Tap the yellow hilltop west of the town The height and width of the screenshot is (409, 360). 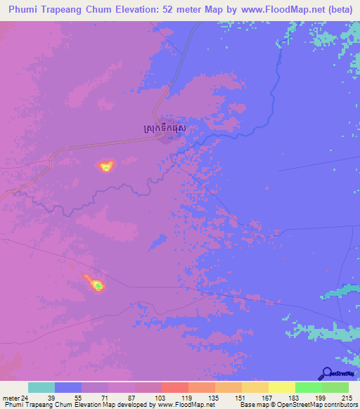coord(105,167)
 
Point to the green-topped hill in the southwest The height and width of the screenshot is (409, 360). coord(98,285)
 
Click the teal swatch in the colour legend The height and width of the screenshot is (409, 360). coord(41,387)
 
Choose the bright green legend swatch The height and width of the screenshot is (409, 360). coord(309,387)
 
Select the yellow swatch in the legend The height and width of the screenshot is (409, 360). coord(282,387)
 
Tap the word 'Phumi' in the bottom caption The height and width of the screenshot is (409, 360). coord(13,405)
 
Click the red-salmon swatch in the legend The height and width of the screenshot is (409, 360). coord(175,387)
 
